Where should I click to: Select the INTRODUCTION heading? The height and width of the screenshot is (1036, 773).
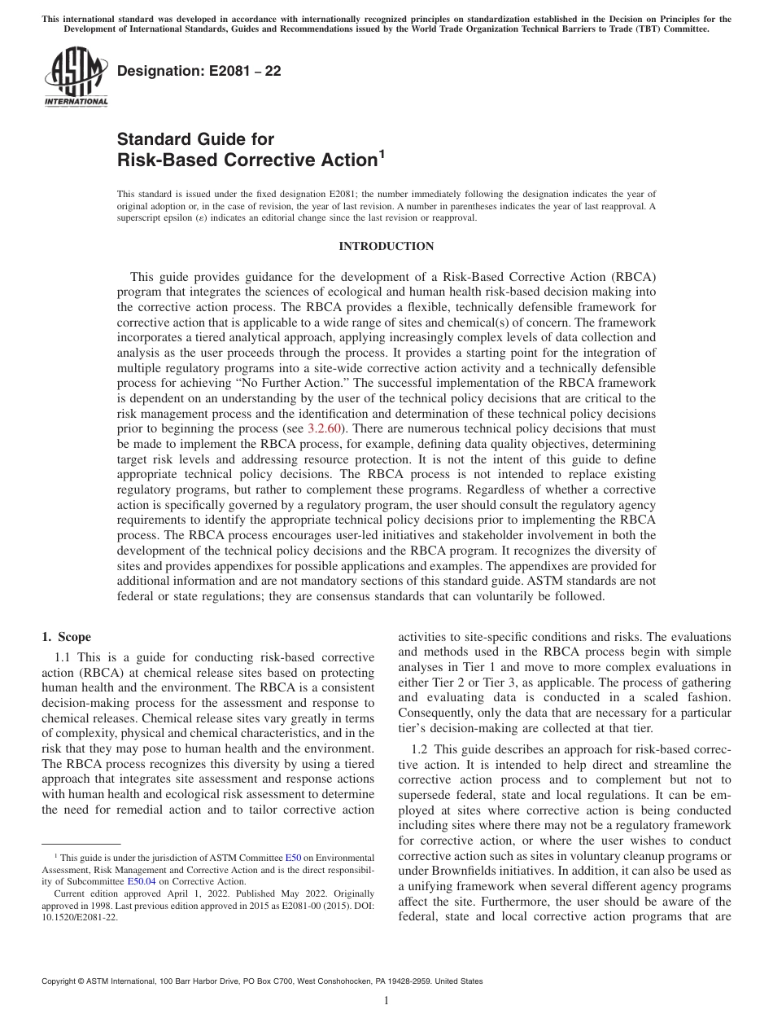(x=386, y=246)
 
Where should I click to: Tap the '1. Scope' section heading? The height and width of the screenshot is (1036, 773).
(x=67, y=638)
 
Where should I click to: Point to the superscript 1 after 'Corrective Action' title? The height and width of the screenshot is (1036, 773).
(x=381, y=154)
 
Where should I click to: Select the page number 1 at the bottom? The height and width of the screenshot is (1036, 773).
(x=386, y=1001)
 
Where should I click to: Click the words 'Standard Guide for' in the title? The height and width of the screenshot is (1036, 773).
(x=195, y=139)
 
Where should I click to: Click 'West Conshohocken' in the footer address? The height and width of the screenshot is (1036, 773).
(x=335, y=981)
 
